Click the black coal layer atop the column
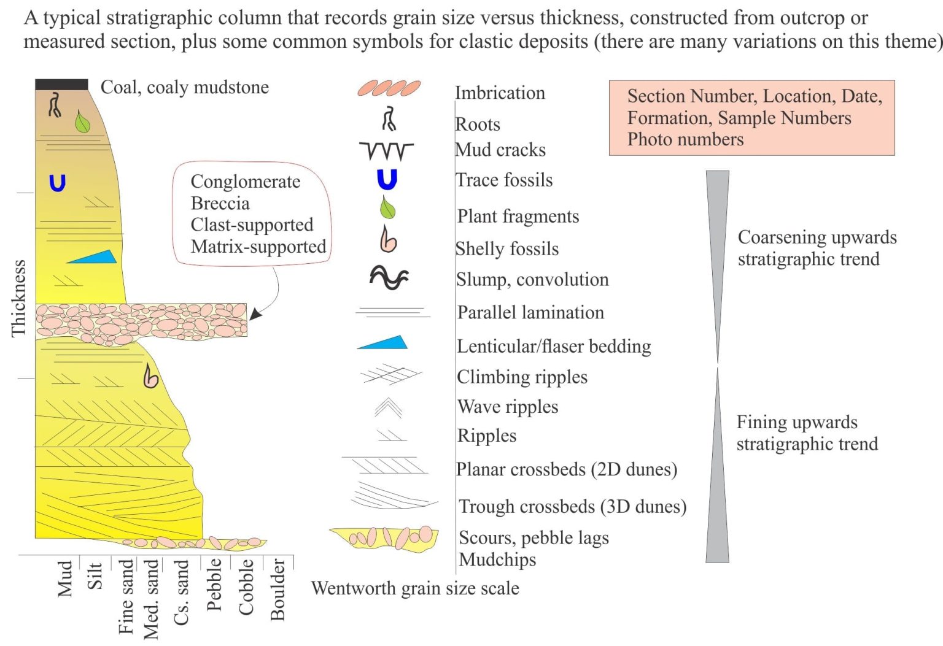tap(61, 85)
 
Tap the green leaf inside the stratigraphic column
tap(82, 121)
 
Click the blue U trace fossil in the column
tap(58, 183)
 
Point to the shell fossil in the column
tap(150, 376)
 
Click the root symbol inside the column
tap(55, 105)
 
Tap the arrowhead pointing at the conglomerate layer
tap(255, 314)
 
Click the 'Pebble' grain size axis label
tap(214, 584)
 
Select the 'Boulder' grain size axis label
tap(277, 589)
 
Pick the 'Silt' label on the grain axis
tap(95, 575)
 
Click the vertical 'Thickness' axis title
tap(18, 299)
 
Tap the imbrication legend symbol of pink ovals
tap(389, 88)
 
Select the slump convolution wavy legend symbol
tap(389, 277)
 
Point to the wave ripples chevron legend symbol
tap(388, 407)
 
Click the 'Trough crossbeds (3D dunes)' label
tap(573, 506)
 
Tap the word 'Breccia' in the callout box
tap(220, 203)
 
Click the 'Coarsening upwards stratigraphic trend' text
tap(817, 248)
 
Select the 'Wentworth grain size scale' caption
tap(415, 588)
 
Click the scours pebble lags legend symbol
tap(384, 539)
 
